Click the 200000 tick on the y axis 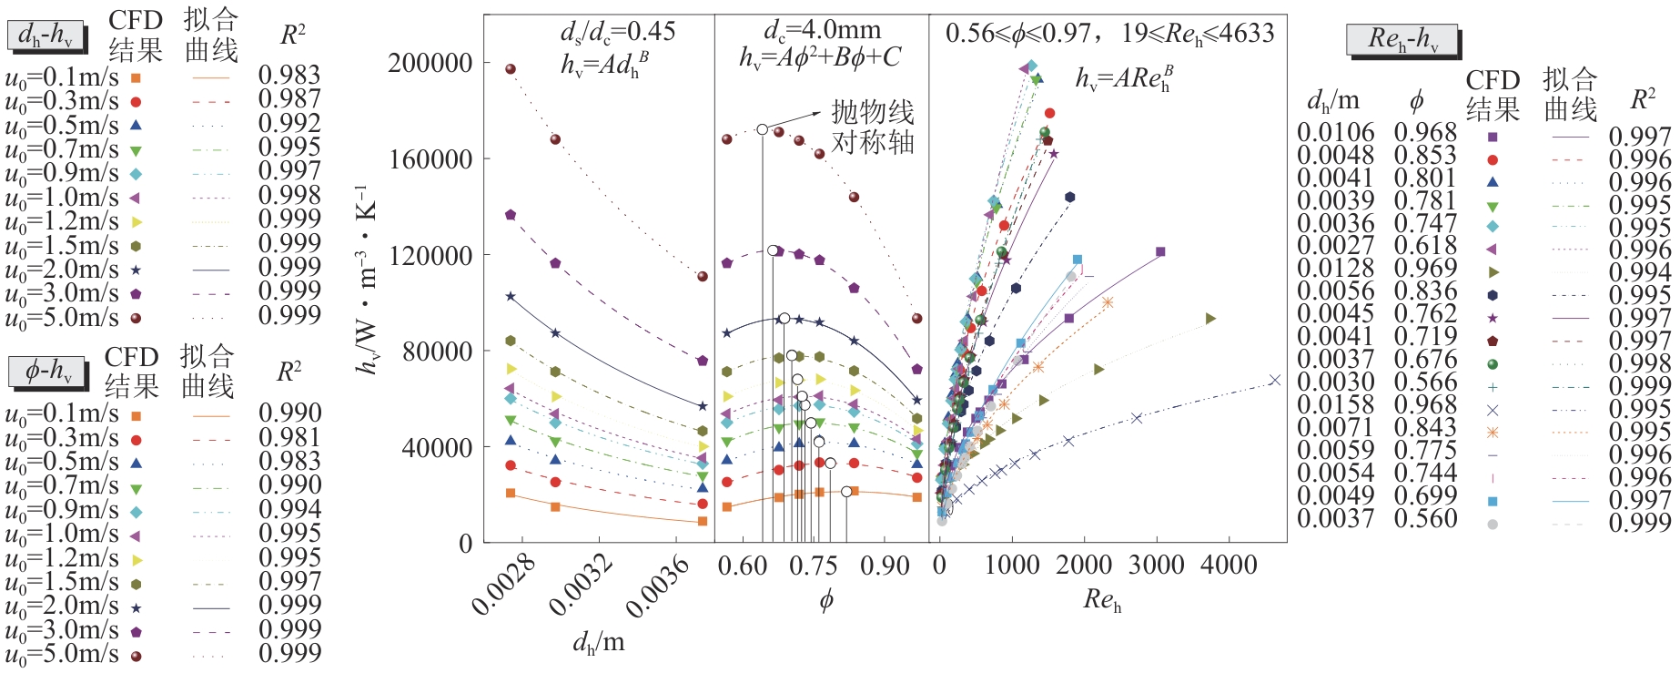pyautogui.click(x=430, y=63)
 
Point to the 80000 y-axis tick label pyautogui.click(x=438, y=351)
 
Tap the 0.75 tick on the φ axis pyautogui.click(x=813, y=566)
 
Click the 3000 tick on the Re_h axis pyautogui.click(x=1156, y=565)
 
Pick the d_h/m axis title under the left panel pyautogui.click(x=598, y=643)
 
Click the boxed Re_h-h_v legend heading pyautogui.click(x=1402, y=39)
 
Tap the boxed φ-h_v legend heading pyautogui.click(x=46, y=371)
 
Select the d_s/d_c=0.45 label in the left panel pyautogui.click(x=618, y=33)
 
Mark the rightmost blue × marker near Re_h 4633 pyautogui.click(x=1274, y=381)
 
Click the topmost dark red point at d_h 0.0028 pyautogui.click(x=511, y=69)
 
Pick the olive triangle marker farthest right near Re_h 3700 pyautogui.click(x=1210, y=319)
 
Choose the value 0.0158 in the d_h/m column pyautogui.click(x=1335, y=404)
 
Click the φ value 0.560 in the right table pyautogui.click(x=1425, y=518)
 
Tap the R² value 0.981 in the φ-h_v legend pyautogui.click(x=289, y=438)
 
